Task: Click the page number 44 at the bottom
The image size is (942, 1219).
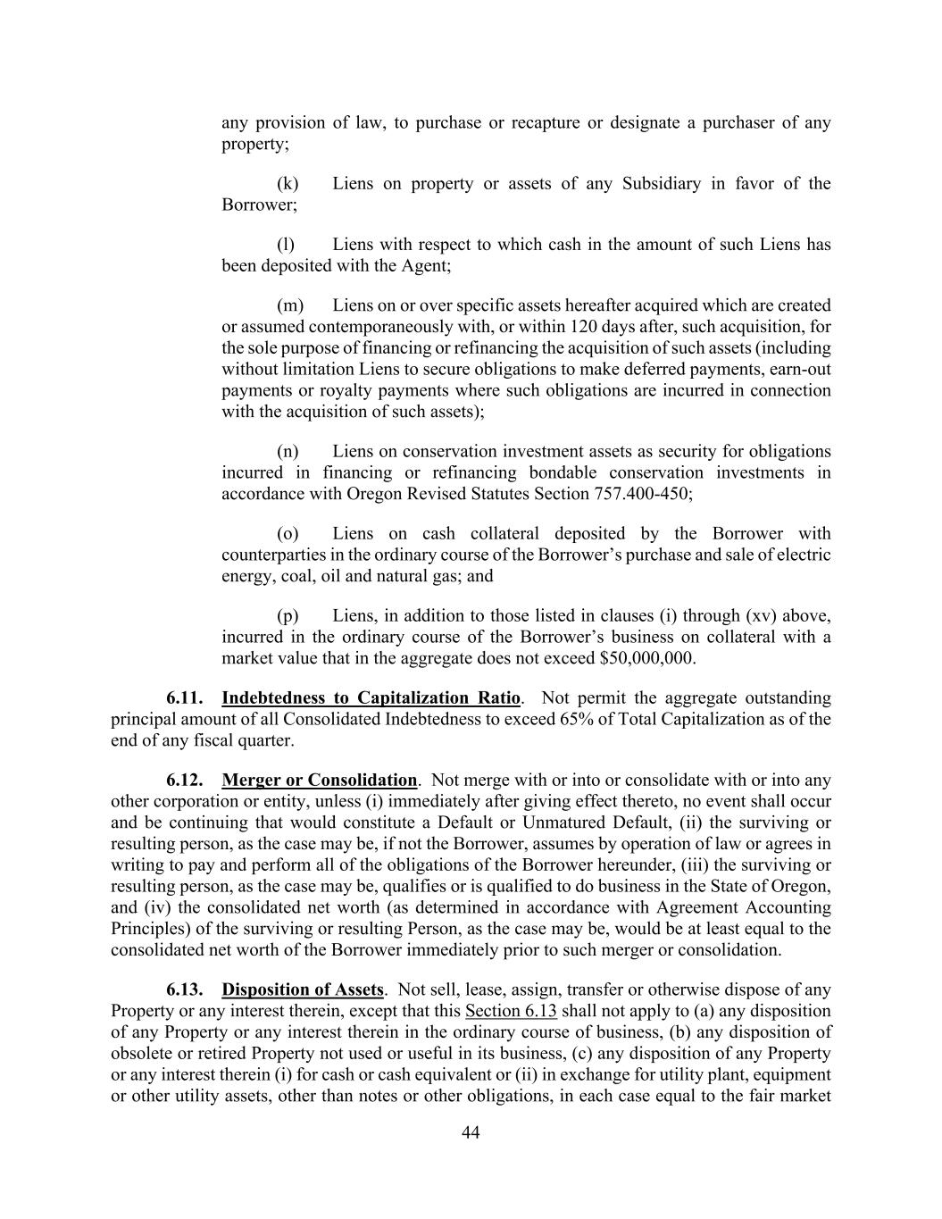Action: tap(471, 1133)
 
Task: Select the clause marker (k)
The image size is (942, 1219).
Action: tap(288, 184)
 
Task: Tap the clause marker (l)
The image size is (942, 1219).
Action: tap(286, 245)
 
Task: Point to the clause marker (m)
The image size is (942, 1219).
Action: tap(290, 305)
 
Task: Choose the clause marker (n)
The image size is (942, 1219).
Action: tap(288, 452)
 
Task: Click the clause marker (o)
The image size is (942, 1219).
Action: tap(288, 534)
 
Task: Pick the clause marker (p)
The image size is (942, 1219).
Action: tap(288, 616)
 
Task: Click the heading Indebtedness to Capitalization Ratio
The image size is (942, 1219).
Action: tap(371, 698)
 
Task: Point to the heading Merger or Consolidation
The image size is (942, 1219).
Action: tap(319, 781)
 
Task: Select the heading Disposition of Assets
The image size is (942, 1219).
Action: tap(303, 990)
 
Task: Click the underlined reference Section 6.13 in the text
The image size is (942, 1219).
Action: tap(511, 1012)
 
